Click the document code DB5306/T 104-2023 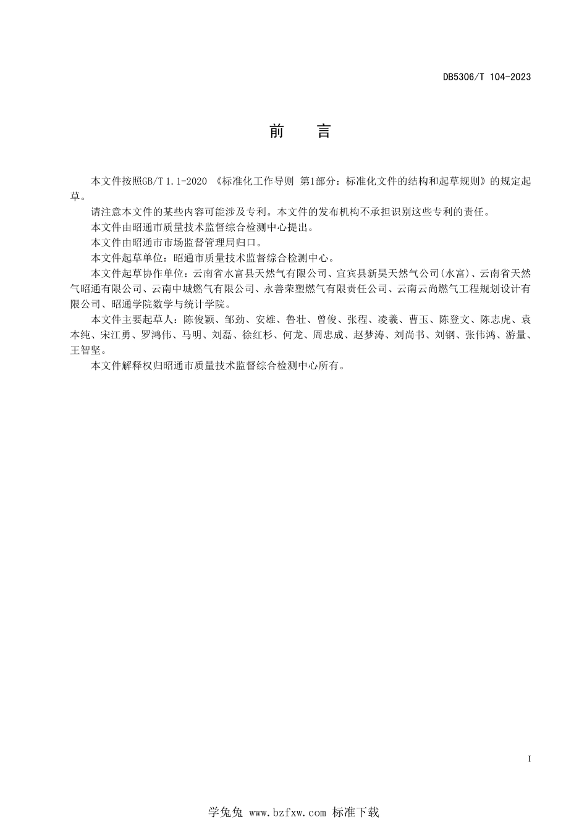pos(487,77)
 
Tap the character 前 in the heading pos(276,131)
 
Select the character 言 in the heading pos(324,131)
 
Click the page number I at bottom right pos(530,758)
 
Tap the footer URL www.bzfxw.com pos(287,813)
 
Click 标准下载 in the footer pos(355,813)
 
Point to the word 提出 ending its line pos(306,227)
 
